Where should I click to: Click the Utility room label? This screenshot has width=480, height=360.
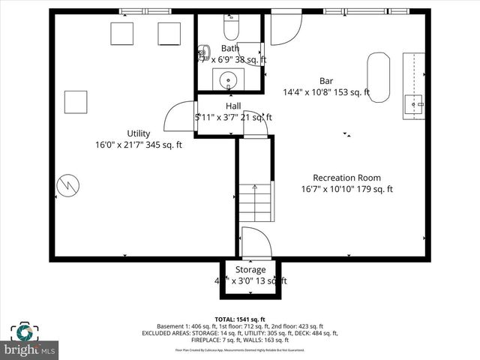(x=138, y=133)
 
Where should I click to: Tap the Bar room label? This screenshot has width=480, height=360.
(x=326, y=81)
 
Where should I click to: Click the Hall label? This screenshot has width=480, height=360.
(x=233, y=106)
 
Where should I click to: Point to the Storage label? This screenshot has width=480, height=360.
(x=250, y=269)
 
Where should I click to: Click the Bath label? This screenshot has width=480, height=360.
(x=229, y=48)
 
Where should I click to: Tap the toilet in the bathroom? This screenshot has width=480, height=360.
(x=231, y=28)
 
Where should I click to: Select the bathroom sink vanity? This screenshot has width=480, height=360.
(x=226, y=79)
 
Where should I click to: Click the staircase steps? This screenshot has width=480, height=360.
(x=255, y=202)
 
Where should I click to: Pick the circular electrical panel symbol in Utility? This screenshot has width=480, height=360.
(x=68, y=184)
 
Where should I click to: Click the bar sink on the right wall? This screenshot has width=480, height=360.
(x=413, y=105)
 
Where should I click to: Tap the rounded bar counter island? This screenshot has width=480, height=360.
(x=378, y=76)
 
